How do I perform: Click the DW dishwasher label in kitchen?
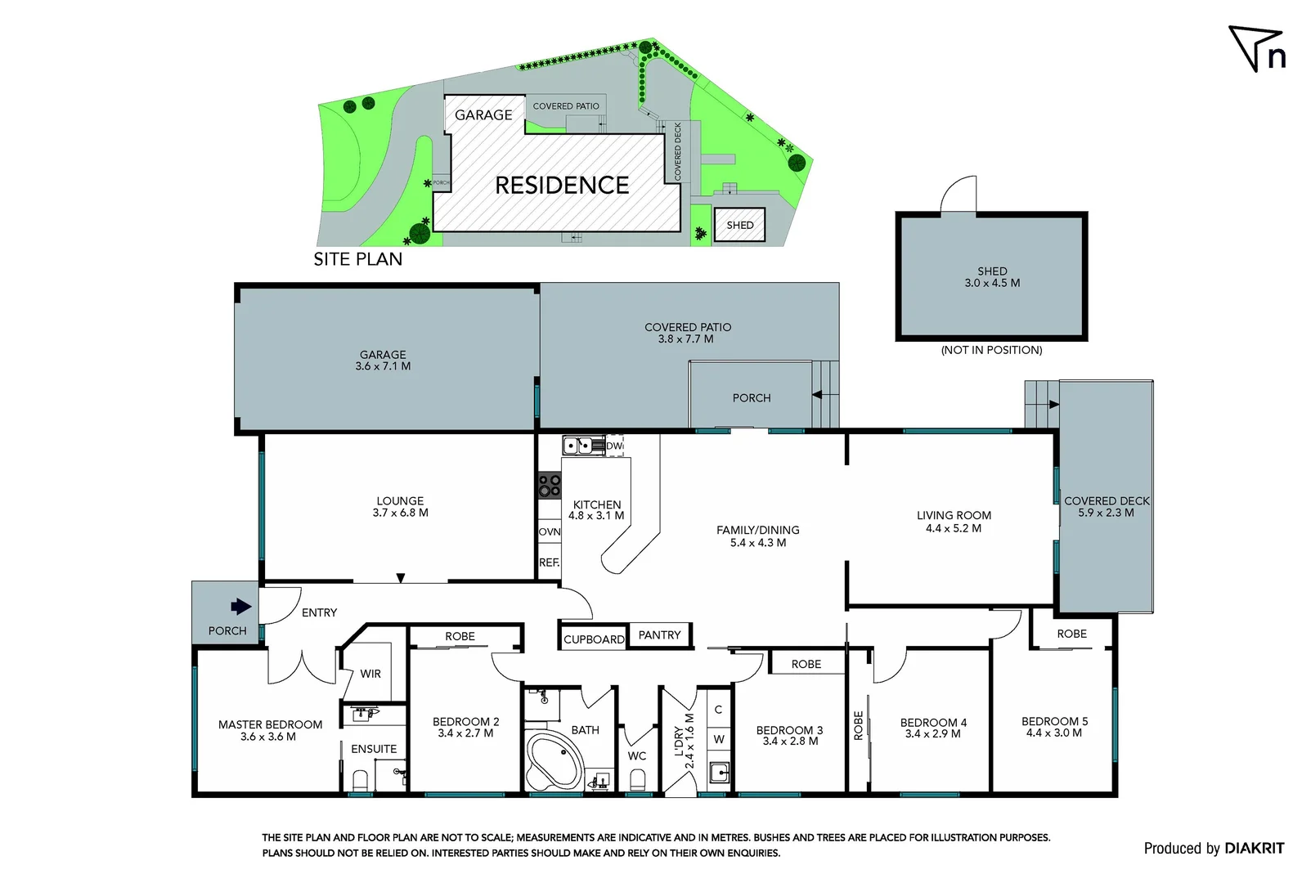pos(614,446)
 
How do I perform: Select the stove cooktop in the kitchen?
pos(549,486)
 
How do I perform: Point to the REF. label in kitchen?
pos(549,563)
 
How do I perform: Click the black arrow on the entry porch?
pos(240,607)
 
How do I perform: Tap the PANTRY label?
pos(659,635)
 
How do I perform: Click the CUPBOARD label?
pos(594,639)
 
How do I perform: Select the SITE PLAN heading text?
pos(357,259)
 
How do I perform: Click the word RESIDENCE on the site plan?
pos(562,186)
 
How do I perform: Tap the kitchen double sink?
pos(579,446)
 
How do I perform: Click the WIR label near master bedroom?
pos(370,674)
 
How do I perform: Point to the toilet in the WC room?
pos(637,779)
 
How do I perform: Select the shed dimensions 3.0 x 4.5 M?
pos(991,283)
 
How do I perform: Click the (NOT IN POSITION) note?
pos(991,350)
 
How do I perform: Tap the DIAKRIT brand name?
pos(1254,849)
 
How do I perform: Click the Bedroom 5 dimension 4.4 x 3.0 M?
pos(1053,733)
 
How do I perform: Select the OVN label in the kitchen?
pos(549,531)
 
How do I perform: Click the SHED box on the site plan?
pos(739,226)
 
